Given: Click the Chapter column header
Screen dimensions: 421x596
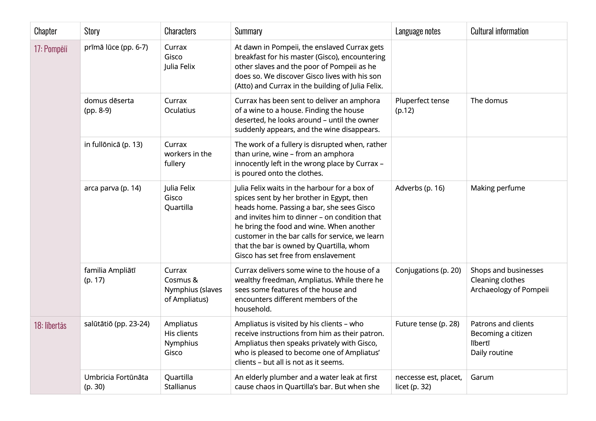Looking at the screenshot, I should (x=45, y=31).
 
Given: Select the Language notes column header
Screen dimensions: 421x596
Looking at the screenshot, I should (x=418, y=31).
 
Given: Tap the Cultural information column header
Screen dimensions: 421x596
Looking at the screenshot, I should (x=499, y=31).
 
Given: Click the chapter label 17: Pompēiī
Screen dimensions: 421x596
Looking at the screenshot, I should (x=51, y=49).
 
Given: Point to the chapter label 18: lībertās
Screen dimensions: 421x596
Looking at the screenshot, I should (x=50, y=325).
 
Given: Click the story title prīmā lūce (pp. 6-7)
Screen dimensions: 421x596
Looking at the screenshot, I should (x=116, y=47).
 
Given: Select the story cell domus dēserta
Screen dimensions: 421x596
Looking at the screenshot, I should (x=109, y=105).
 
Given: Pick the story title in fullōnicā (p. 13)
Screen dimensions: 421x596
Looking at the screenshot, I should (x=113, y=144).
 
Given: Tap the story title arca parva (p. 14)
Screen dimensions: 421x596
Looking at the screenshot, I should (x=112, y=188).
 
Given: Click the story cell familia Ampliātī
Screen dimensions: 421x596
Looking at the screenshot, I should (x=110, y=275).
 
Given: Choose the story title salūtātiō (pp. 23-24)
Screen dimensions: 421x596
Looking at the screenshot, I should (x=116, y=323).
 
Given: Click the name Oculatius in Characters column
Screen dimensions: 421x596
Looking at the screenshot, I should (x=180, y=110).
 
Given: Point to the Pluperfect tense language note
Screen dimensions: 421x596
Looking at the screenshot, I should (x=422, y=101).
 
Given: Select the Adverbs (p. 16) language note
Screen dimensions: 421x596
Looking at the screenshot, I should (x=420, y=188).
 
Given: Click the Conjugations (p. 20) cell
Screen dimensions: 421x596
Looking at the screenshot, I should (x=428, y=270).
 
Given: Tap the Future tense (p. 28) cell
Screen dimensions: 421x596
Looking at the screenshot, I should (x=427, y=323).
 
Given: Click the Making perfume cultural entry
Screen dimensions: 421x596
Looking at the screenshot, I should (x=498, y=188).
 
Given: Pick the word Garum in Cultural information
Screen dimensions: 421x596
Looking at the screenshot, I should (x=482, y=377).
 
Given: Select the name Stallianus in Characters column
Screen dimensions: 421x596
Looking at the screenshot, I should (x=180, y=387).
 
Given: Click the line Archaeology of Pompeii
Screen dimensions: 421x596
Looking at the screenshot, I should (x=509, y=290).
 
